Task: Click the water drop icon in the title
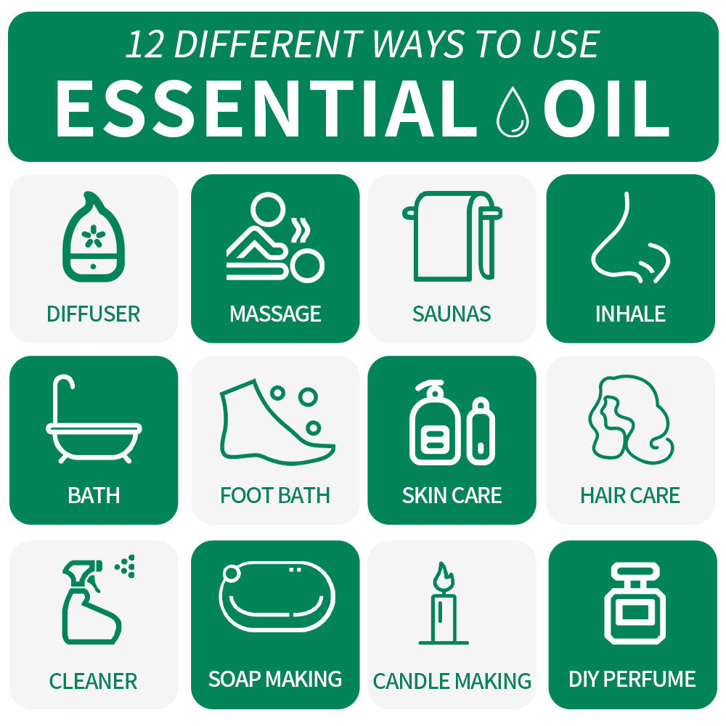[512, 111]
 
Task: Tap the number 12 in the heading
[144, 45]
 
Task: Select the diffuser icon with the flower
[93, 237]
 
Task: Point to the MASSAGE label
[275, 314]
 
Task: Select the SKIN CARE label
[452, 495]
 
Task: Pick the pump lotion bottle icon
[434, 424]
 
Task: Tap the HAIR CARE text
[629, 495]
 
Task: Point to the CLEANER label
[93, 681]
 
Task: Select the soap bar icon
[276, 597]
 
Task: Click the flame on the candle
[443, 577]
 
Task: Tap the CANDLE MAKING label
[452, 681]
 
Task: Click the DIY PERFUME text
[632, 679]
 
